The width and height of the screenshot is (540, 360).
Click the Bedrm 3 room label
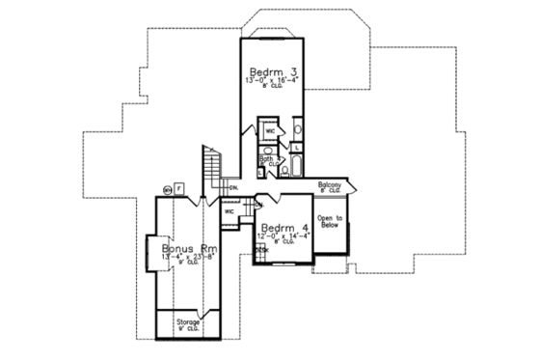[x=271, y=72]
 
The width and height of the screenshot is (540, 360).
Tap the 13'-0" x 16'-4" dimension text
[x=271, y=83]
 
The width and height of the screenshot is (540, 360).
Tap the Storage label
[x=187, y=321]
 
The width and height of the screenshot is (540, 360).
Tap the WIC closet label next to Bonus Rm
[x=229, y=210]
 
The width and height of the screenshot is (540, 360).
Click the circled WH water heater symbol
[x=168, y=190]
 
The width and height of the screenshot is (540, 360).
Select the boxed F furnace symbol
[x=179, y=187]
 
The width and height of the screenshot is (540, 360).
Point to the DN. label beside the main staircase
[x=233, y=186]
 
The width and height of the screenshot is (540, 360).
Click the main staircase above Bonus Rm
[x=211, y=170]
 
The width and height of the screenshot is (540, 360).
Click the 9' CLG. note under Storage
[x=187, y=329]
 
